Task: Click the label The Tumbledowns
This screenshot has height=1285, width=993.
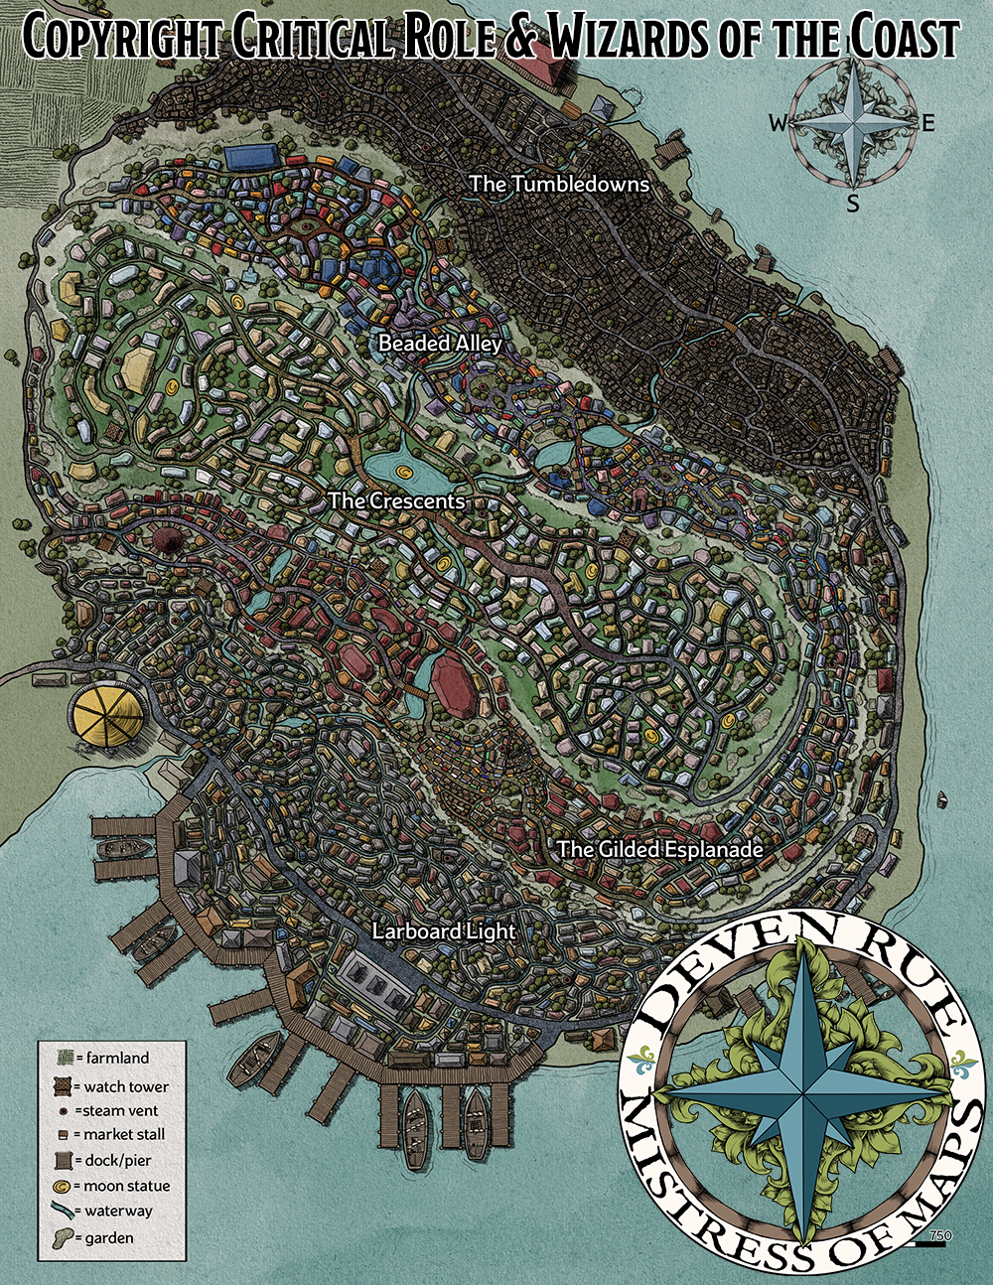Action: click(559, 184)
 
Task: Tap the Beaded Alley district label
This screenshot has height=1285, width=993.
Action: click(440, 344)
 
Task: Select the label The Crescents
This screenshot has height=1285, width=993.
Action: click(396, 500)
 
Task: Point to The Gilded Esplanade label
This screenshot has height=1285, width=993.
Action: click(659, 849)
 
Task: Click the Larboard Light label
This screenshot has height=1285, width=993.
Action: click(444, 931)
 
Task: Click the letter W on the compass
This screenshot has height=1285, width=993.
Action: click(778, 123)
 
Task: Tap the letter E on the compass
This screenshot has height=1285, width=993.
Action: click(928, 123)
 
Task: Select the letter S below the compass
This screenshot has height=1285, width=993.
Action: click(853, 205)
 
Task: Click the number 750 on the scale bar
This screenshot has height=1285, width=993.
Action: click(940, 1235)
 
